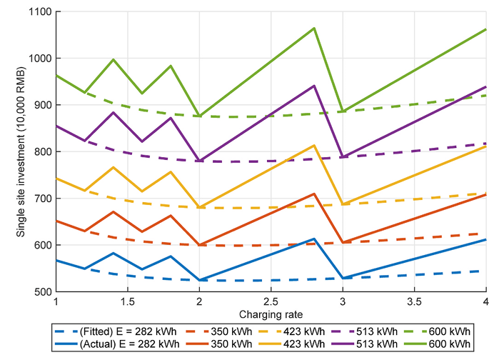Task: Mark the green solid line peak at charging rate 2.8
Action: (314, 28)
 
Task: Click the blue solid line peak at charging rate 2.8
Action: (314, 239)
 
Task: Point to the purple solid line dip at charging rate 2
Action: (200, 161)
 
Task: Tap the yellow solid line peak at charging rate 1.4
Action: (114, 167)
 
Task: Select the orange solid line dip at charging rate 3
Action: (343, 242)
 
